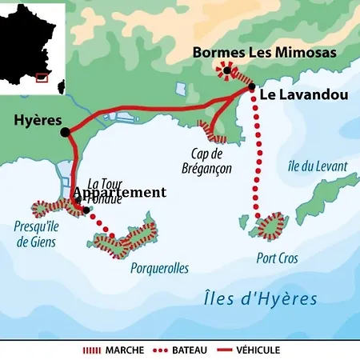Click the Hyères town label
point(37,120)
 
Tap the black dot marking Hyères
point(65,133)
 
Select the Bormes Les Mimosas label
point(253,53)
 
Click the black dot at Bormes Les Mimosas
point(227,71)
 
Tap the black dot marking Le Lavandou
point(252,86)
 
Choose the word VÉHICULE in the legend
point(281,350)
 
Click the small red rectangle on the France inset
point(42,78)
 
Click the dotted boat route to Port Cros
point(258,152)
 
